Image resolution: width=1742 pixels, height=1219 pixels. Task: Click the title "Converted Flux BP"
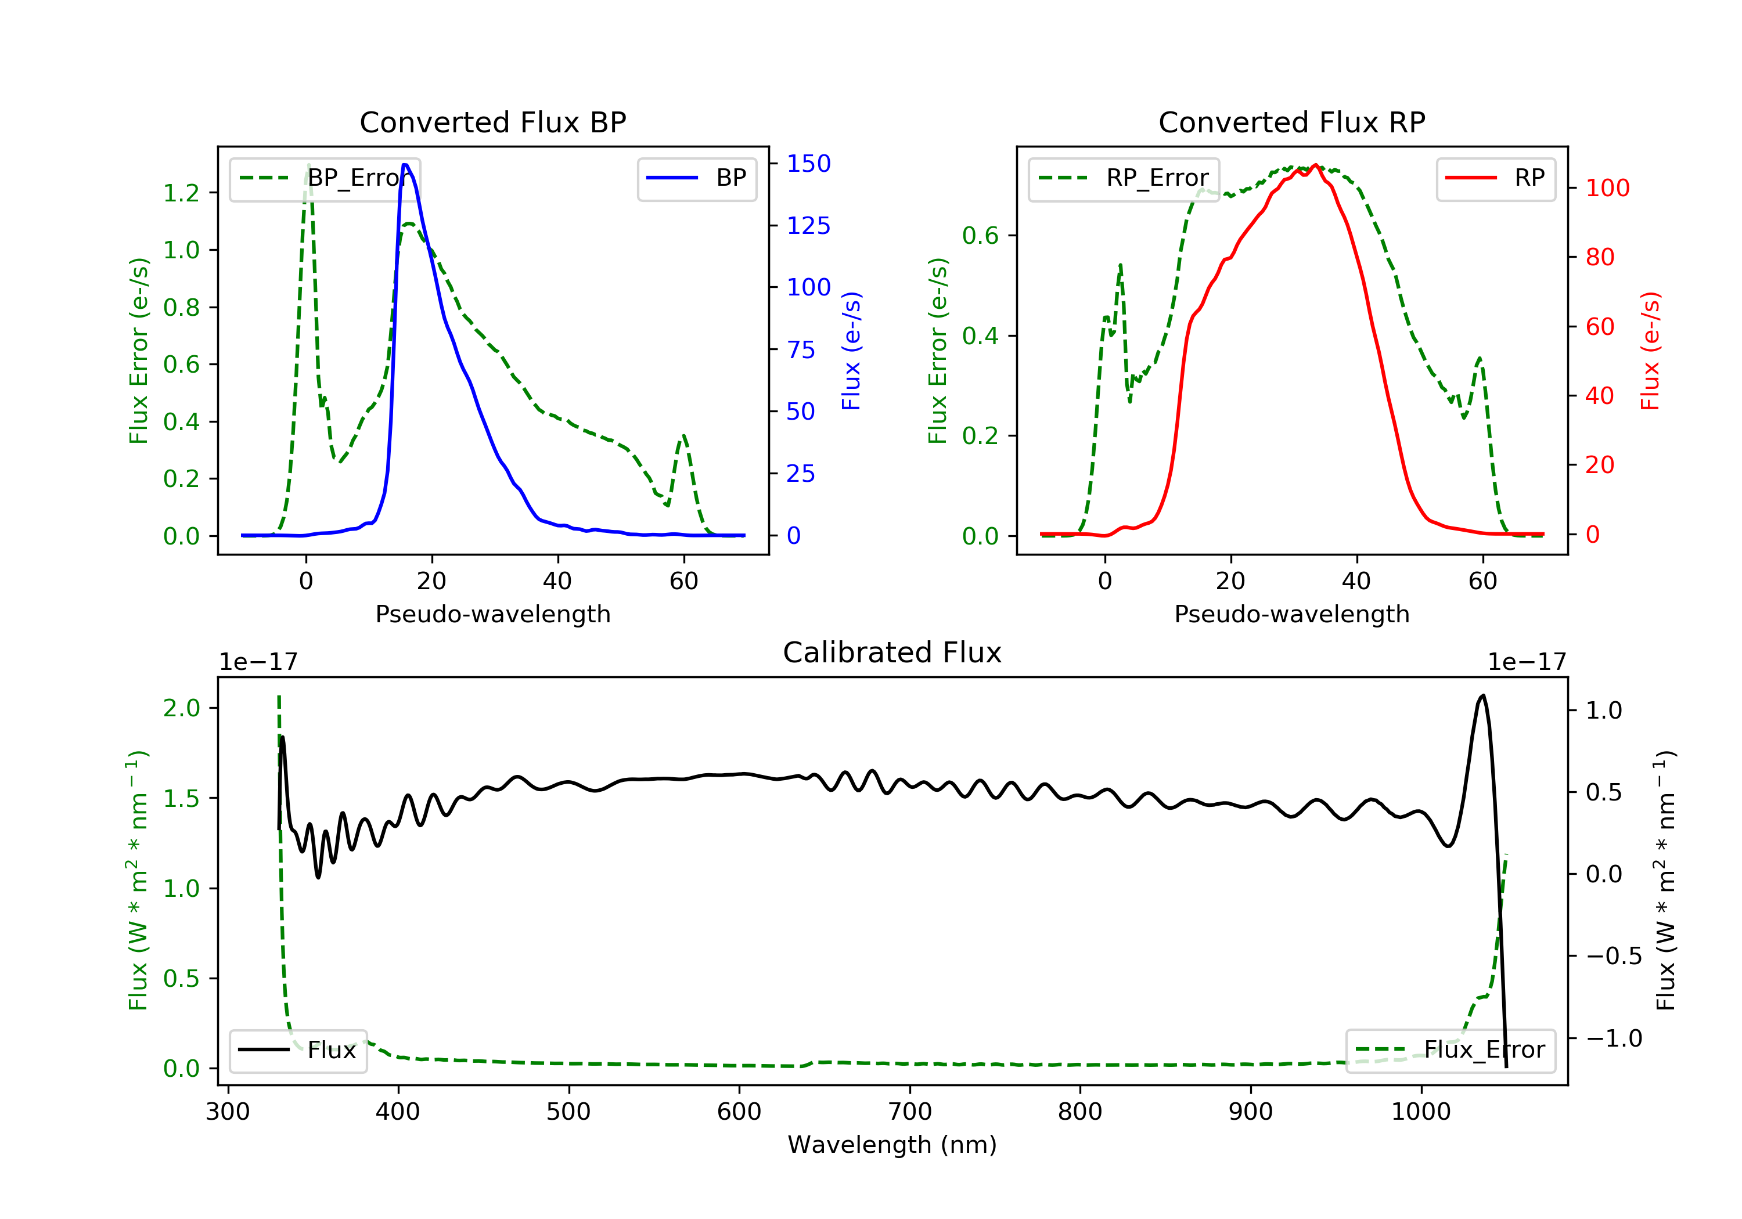point(492,122)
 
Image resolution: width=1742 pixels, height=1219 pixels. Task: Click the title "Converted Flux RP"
point(1291,122)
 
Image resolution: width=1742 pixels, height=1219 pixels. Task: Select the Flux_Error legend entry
point(1451,1050)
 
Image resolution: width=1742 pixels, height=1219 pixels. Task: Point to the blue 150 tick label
point(808,164)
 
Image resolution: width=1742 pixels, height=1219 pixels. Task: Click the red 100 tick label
point(1607,188)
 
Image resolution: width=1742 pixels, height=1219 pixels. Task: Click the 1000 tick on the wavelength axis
point(1420,1112)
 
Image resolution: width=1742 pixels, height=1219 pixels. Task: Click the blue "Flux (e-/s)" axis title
point(851,351)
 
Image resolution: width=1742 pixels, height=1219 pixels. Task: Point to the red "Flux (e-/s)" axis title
point(1650,351)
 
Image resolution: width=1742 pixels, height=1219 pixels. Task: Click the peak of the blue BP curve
point(405,165)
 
